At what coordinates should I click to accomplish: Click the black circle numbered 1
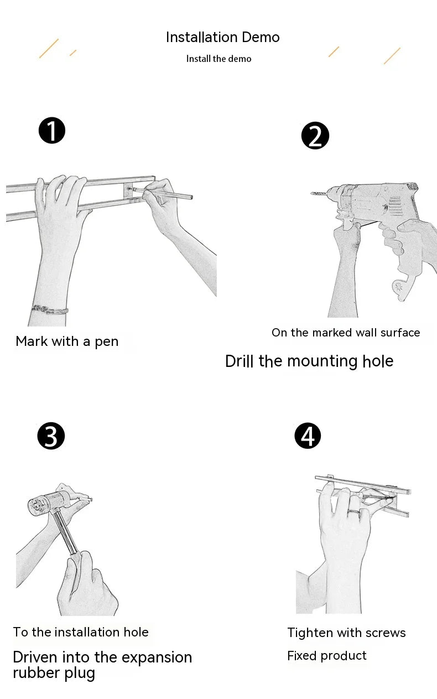tap(52, 131)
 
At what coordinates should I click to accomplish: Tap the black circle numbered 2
tap(315, 136)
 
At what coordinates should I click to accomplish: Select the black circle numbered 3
tap(51, 436)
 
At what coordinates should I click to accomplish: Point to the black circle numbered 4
tap(308, 436)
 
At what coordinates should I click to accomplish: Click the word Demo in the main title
tap(261, 37)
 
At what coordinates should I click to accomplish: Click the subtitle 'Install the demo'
tap(218, 59)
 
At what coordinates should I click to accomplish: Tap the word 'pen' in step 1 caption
tap(106, 342)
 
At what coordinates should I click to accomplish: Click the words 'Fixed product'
tap(326, 656)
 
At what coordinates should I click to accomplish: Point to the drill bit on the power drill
tap(319, 194)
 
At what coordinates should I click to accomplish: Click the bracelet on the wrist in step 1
tap(49, 309)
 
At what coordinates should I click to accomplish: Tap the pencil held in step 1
tap(162, 193)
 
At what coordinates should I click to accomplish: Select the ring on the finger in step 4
tap(353, 512)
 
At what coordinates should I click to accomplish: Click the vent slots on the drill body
tap(395, 206)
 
